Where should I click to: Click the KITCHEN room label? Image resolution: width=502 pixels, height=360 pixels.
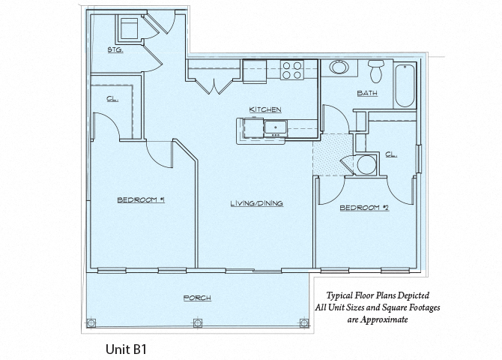(x=265, y=109)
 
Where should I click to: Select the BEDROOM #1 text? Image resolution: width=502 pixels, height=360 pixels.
(x=141, y=199)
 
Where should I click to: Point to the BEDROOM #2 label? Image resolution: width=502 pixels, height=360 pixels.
(x=364, y=207)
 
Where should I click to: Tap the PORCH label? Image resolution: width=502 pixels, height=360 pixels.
(x=197, y=298)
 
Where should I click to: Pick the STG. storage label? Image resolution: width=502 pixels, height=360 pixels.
(x=115, y=51)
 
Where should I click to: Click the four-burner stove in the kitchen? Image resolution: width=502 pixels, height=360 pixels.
(x=292, y=70)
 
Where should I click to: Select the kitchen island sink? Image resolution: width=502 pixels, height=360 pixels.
(x=275, y=127)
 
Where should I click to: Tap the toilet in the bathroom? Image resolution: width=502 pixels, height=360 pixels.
(x=377, y=71)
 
